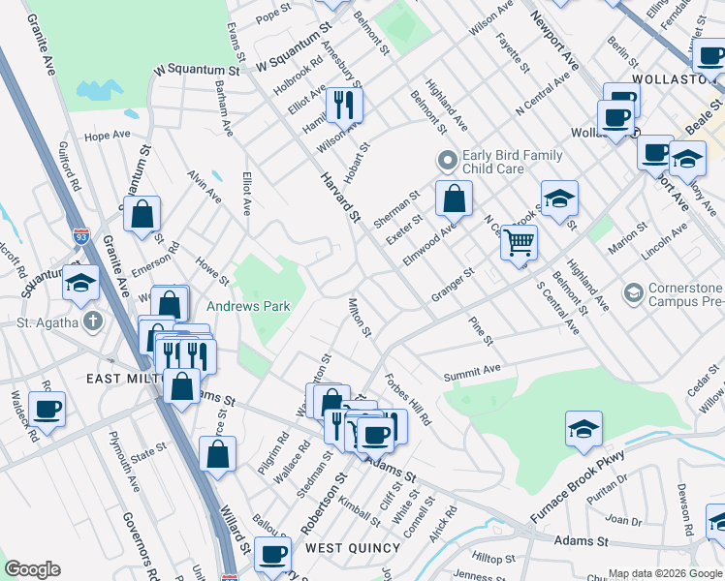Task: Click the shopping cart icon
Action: coord(520,241)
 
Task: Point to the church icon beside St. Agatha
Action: coord(92,321)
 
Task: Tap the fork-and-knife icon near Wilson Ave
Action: coord(343,103)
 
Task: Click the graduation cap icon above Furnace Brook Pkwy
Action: coord(583,429)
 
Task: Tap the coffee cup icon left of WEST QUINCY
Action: coord(272,555)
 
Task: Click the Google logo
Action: coord(32,569)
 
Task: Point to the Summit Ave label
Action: coord(472,371)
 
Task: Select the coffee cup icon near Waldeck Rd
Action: coord(46,410)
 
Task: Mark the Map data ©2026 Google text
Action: coord(664,573)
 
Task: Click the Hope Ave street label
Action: coord(107,136)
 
